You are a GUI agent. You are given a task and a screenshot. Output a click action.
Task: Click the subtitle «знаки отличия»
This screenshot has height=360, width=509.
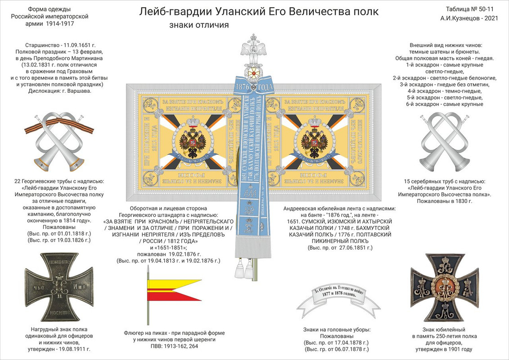point(199,25)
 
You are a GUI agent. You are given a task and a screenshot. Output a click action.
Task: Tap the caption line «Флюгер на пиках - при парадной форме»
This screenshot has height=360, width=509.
point(174,333)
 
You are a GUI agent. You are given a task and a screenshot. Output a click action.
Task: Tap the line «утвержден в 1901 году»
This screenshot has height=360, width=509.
point(444,349)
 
